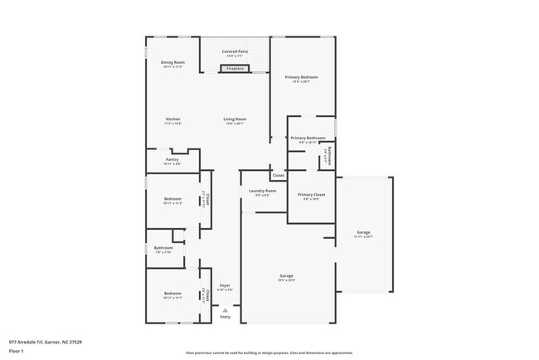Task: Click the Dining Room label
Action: (x=172, y=62)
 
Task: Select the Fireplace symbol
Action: (x=236, y=69)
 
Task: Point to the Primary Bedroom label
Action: (x=302, y=77)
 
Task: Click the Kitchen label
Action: (x=172, y=119)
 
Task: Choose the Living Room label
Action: (x=235, y=119)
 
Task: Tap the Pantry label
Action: (x=172, y=159)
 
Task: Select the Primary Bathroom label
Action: (x=307, y=138)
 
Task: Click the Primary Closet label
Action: (x=313, y=194)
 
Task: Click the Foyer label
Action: (x=225, y=285)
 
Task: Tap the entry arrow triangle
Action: (x=225, y=309)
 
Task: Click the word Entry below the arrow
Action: (x=225, y=317)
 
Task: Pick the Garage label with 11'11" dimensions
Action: (x=363, y=231)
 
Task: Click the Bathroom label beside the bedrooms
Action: (x=163, y=247)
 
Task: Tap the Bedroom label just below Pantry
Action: (x=172, y=199)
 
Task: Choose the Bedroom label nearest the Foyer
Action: (x=172, y=293)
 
